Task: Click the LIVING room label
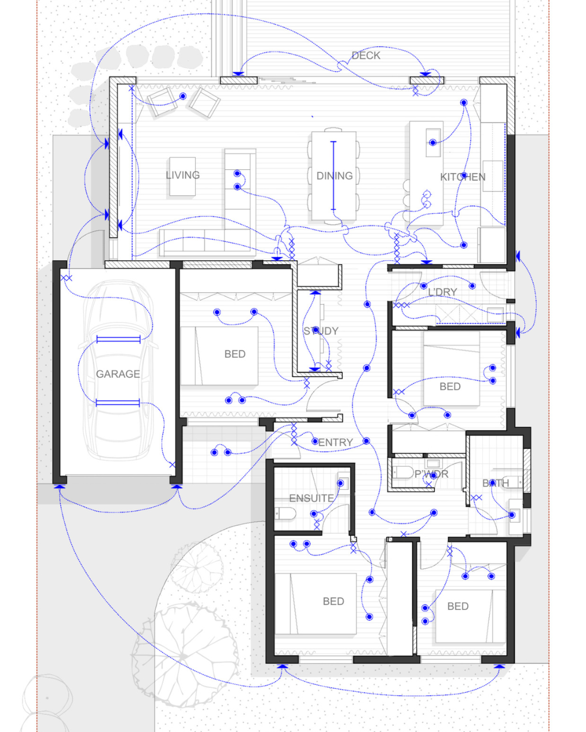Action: [x=182, y=175]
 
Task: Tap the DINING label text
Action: [x=334, y=176]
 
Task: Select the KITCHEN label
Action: [x=462, y=177]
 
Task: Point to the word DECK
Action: [x=366, y=55]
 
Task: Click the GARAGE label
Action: [x=118, y=374]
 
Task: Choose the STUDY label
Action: [x=321, y=331]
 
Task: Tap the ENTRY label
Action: [x=335, y=442]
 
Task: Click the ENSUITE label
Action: [x=311, y=498]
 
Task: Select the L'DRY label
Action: [x=442, y=292]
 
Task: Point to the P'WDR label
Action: [x=431, y=474]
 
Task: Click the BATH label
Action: [x=495, y=483]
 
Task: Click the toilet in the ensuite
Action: [x=285, y=513]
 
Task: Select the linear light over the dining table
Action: [x=333, y=176]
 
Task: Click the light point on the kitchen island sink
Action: [x=432, y=143]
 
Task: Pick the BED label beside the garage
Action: [x=234, y=354]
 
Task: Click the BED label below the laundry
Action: [x=450, y=387]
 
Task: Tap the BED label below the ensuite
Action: [x=333, y=601]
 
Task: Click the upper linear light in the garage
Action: [x=118, y=339]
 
